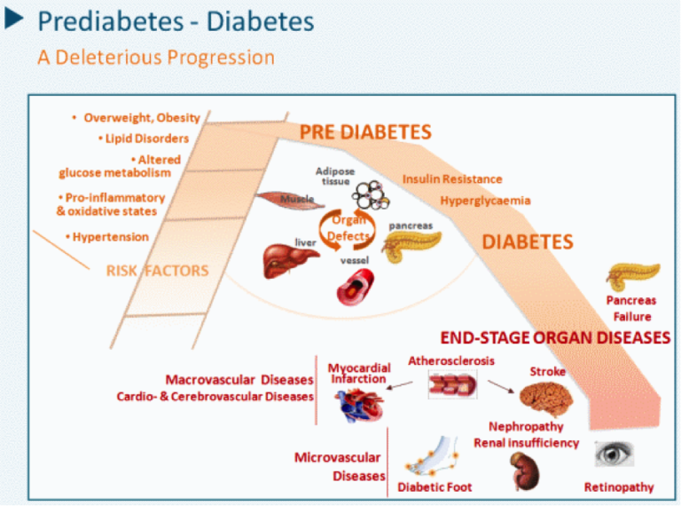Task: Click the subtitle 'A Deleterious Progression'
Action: click(x=155, y=57)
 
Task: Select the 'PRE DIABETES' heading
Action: click(x=364, y=132)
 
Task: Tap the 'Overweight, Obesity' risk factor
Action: click(x=141, y=117)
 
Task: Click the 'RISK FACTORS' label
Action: click(x=157, y=271)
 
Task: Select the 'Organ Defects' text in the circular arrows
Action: click(x=348, y=228)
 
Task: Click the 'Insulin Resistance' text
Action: click(x=451, y=179)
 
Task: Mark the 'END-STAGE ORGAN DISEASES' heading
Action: click(x=555, y=337)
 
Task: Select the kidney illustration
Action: click(x=521, y=470)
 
